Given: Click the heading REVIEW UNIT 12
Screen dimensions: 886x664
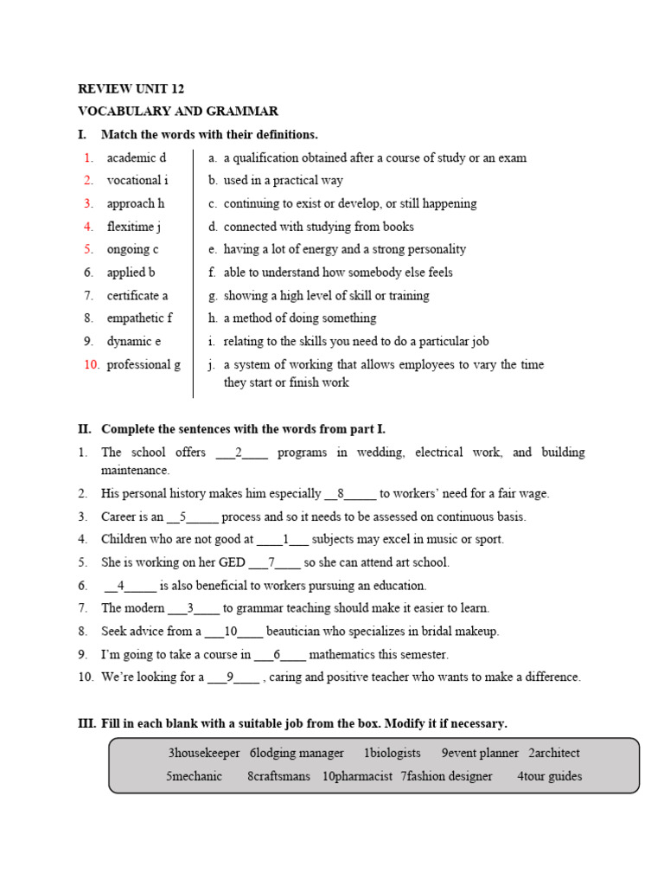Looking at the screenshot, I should pos(131,88).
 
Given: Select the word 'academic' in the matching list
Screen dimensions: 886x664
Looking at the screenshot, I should pos(131,157).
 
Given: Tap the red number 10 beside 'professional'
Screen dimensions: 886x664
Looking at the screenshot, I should pos(92,364).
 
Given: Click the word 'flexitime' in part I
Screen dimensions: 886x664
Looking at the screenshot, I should pos(131,227).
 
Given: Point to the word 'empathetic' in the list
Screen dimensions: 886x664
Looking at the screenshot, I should pos(134,318).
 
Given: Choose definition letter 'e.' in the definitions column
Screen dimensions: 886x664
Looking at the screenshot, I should pos(212,249).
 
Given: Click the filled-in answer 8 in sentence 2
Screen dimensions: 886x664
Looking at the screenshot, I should pos(341,494).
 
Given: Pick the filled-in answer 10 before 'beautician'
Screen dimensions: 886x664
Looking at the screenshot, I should pos(231,632).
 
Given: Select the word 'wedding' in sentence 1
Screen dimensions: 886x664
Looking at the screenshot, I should pos(380,453).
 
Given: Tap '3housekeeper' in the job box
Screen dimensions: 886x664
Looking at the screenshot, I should pos(204,753).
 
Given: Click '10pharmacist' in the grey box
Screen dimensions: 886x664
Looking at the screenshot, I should pos(357,776).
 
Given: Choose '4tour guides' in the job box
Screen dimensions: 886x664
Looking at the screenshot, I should pos(549,776).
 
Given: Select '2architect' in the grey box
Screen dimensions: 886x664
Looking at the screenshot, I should pos(554,753).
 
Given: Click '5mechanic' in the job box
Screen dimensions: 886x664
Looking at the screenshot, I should pos(194,776).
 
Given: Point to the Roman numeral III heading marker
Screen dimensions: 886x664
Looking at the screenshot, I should pos(86,723).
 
